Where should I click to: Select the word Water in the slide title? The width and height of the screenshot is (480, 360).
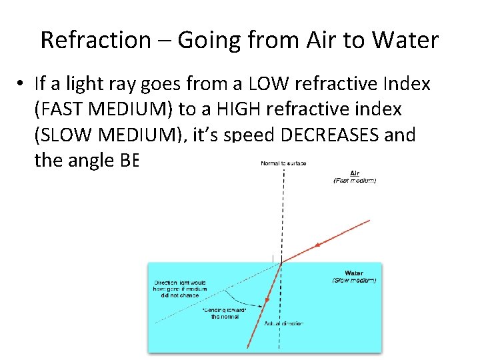(405, 40)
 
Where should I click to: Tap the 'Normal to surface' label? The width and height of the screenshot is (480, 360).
(283, 163)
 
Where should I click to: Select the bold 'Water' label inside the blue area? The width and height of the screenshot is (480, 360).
(353, 273)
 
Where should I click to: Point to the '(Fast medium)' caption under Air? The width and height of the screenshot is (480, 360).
(354, 180)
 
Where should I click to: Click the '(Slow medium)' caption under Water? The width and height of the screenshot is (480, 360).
(354, 281)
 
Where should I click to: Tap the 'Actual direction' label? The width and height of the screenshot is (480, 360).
(283, 323)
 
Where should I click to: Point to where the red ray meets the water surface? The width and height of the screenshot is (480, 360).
(282, 262)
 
